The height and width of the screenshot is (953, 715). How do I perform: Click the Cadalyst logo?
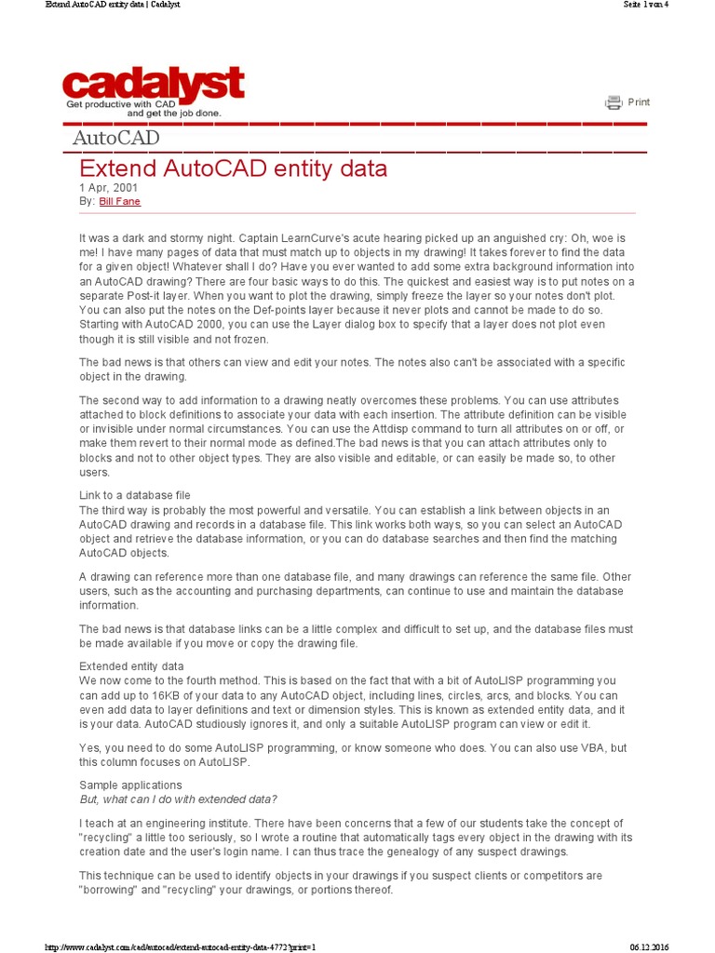pos(154,85)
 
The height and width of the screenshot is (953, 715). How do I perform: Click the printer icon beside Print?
pos(614,102)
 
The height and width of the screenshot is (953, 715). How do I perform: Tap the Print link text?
pos(639,102)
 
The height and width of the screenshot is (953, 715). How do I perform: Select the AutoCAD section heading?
pos(116,139)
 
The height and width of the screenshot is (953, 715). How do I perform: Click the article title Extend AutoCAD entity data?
pos(233,169)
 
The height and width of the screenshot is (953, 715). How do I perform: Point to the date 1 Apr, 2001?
pos(107,188)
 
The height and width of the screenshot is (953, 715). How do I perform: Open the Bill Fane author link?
pos(120,201)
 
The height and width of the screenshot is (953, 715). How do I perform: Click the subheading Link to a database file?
pos(135,495)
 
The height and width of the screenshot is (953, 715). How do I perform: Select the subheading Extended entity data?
pos(131,666)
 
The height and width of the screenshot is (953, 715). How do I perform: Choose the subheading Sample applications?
pos(130,785)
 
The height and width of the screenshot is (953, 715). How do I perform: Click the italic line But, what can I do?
pos(178,799)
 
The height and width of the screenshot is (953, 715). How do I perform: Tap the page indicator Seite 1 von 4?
pos(645,5)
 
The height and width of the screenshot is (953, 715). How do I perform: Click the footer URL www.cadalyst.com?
pos(182,946)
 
